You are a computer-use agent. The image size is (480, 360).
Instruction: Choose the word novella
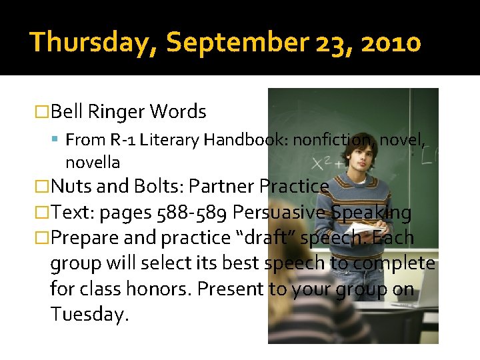click(93, 162)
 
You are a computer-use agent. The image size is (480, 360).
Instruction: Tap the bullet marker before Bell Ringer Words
click(42, 112)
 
